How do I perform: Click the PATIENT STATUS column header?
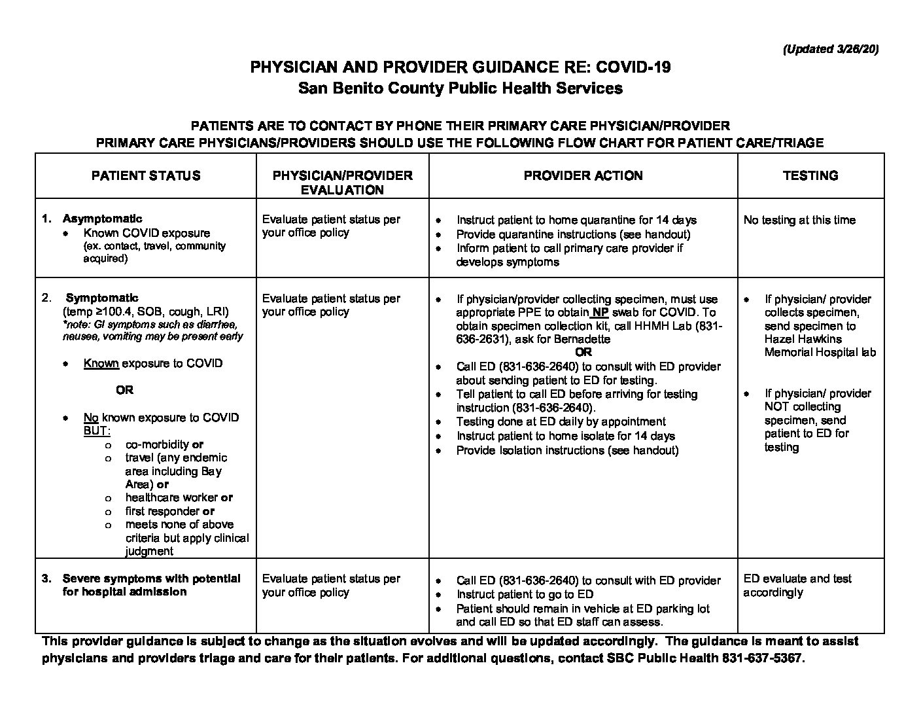pyautogui.click(x=146, y=175)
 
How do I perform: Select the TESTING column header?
pyautogui.click(x=810, y=175)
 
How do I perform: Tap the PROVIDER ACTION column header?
pyautogui.click(x=583, y=175)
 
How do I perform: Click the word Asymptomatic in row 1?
pyautogui.click(x=102, y=219)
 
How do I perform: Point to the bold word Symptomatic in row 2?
pyautogui.click(x=102, y=298)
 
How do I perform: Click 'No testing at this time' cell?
pyautogui.click(x=799, y=220)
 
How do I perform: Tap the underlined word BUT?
pyautogui.click(x=97, y=431)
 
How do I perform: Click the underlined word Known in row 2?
pyautogui.click(x=101, y=363)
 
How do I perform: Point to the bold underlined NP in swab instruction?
pyautogui.click(x=600, y=312)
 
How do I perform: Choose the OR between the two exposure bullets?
pyautogui.click(x=124, y=390)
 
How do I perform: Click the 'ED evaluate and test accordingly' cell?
pyautogui.click(x=797, y=585)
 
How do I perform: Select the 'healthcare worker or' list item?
pyautogui.click(x=179, y=497)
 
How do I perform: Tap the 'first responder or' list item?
pyautogui.click(x=169, y=511)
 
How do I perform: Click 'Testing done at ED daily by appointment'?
pyautogui.click(x=561, y=421)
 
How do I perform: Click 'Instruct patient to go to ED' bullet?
pyautogui.click(x=525, y=594)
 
